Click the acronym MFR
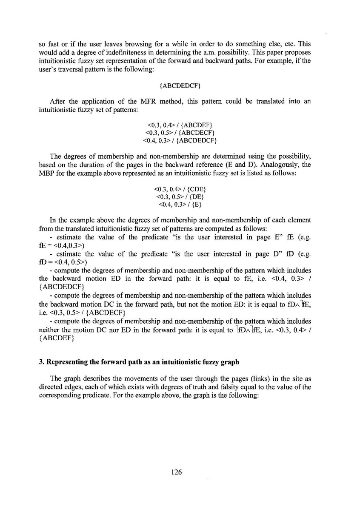pyautogui.click(x=153, y=101)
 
